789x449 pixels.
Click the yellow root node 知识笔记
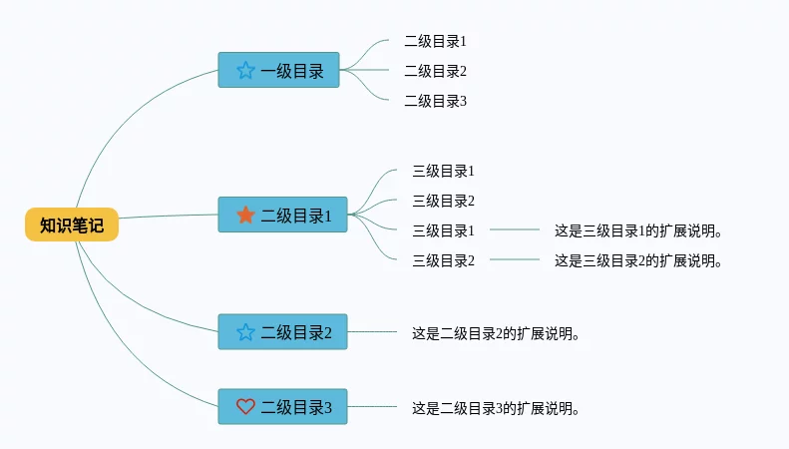coord(72,225)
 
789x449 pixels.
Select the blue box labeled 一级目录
coord(278,70)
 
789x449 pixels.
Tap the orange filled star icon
coord(245,215)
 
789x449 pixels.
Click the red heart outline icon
coord(245,406)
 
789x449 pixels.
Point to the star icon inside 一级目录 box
coord(245,70)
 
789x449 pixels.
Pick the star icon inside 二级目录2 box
coord(245,331)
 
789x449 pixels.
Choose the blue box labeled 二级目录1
coord(282,215)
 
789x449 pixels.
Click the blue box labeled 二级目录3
coord(282,406)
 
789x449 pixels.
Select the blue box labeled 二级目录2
coord(282,331)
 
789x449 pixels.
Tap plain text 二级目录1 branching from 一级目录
coord(435,41)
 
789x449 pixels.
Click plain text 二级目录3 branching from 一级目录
coord(435,101)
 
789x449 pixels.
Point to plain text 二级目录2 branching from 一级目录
coord(435,71)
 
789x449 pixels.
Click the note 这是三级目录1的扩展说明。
coord(637,230)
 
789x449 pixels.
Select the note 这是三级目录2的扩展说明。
coord(637,260)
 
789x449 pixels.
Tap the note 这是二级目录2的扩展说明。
coord(496,333)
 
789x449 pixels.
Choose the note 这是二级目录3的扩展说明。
coord(496,408)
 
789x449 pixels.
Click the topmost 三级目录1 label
coord(443,171)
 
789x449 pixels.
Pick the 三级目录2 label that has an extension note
coord(443,260)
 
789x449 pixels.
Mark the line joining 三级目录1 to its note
coord(515,229)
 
